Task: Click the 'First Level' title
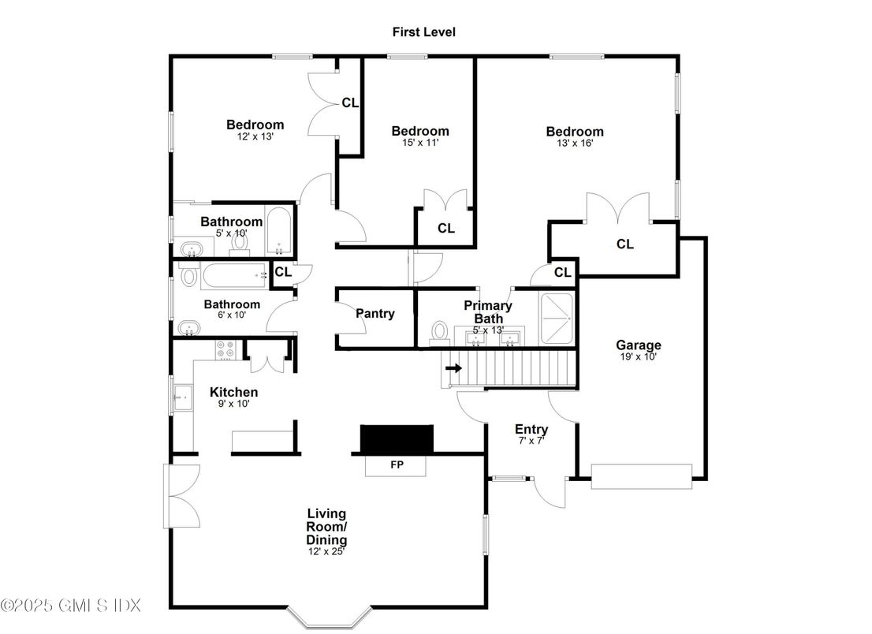423,32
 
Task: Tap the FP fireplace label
397,464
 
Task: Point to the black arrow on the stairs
454,368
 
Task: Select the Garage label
639,345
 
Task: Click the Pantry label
375,314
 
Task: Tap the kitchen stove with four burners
225,349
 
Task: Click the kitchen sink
182,397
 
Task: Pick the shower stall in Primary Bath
557,318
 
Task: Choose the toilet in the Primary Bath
440,333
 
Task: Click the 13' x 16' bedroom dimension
575,143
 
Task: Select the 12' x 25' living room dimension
326,552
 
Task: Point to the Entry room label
531,429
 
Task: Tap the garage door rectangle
641,476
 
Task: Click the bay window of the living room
330,617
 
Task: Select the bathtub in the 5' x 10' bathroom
278,231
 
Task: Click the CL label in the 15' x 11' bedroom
446,228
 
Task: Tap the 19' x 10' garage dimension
639,357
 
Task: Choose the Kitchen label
233,392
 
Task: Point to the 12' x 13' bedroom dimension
255,136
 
